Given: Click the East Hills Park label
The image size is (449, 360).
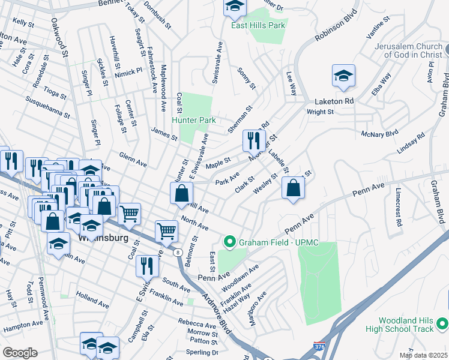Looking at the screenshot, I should tap(259, 26).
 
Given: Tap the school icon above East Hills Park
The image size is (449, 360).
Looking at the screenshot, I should tap(235, 8).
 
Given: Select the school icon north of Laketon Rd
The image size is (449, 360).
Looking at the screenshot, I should tap(343, 77).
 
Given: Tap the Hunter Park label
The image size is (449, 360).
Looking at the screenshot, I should tap(194, 120).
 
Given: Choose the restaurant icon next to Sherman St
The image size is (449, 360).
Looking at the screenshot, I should tap(254, 141).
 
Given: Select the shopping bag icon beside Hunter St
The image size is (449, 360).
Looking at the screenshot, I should tap(181, 194).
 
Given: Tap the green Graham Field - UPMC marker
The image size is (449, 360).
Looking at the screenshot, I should tap(228, 242).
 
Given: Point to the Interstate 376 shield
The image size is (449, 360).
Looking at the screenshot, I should tap(319, 347).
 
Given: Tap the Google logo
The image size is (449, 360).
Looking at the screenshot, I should tap(20, 353).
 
